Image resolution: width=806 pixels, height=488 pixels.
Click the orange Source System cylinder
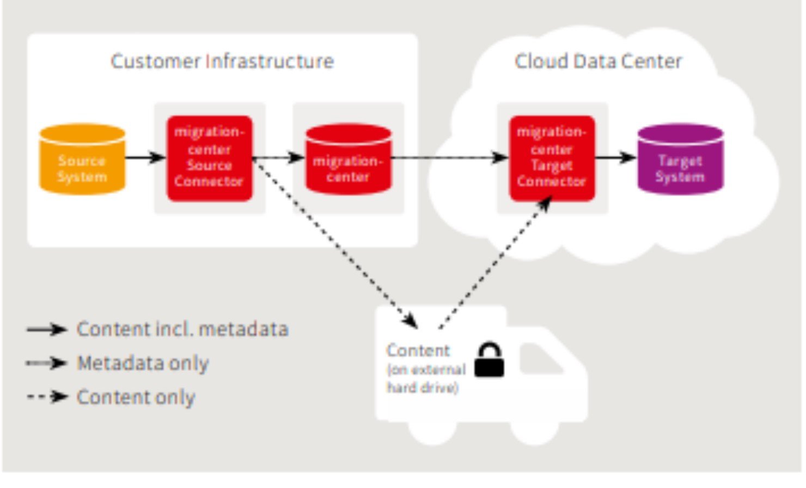click(82, 159)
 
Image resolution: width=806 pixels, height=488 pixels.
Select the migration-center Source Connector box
click(209, 158)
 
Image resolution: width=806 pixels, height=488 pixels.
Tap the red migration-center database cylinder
click(348, 159)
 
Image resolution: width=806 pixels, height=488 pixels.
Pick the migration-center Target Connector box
click(552, 158)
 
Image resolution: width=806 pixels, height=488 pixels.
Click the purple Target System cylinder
click(680, 159)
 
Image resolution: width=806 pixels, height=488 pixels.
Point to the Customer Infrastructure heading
click(222, 61)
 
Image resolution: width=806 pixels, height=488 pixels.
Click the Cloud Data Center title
click(598, 61)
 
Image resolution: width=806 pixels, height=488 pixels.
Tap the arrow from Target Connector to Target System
click(615, 158)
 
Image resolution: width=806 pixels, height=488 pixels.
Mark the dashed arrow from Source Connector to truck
click(335, 243)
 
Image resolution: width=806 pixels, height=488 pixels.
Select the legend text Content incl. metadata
click(182, 330)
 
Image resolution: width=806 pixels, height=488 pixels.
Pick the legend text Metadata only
click(143, 363)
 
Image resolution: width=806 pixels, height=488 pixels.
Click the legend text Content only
click(136, 397)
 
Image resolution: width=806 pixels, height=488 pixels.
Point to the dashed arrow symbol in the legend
click(47, 397)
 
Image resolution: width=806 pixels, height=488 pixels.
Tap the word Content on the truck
click(418, 350)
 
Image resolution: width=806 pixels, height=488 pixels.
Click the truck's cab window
click(539, 359)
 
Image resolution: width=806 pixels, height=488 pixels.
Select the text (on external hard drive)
click(425, 379)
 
